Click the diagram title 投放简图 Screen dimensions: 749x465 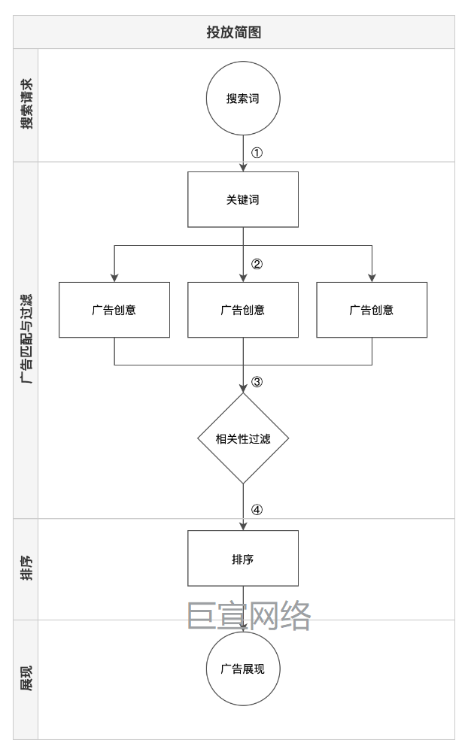click(233, 32)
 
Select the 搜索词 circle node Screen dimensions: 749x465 click(243, 99)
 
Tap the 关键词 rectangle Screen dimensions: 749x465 click(243, 199)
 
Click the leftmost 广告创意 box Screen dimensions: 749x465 click(114, 310)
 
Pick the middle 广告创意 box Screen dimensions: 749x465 click(243, 310)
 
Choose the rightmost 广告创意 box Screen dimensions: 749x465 click(372, 310)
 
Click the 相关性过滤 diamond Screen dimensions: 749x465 click(243, 438)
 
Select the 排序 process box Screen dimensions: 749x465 click(243, 559)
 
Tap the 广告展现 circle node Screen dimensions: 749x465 click(243, 669)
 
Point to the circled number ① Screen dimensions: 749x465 click(257, 153)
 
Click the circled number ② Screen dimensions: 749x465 click(257, 264)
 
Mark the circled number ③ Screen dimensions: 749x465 click(257, 381)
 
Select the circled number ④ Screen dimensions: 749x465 click(257, 509)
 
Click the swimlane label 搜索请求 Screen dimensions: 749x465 click(26, 105)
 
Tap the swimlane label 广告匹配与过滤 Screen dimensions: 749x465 click(26, 340)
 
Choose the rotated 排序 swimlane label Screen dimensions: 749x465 click(26, 569)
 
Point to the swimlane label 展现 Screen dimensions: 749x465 click(26, 679)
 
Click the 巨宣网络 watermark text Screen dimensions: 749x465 click(249, 616)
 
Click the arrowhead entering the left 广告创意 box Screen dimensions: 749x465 click(114, 277)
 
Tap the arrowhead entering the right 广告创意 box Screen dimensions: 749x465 click(372, 277)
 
